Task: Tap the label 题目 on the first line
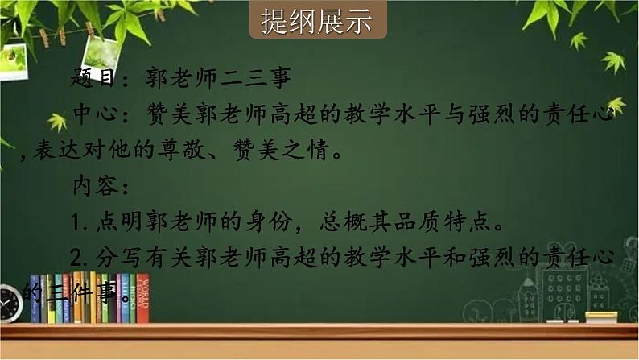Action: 93,80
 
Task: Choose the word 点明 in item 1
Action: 113,221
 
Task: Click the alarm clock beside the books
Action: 10,303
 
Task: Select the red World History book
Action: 142,298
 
